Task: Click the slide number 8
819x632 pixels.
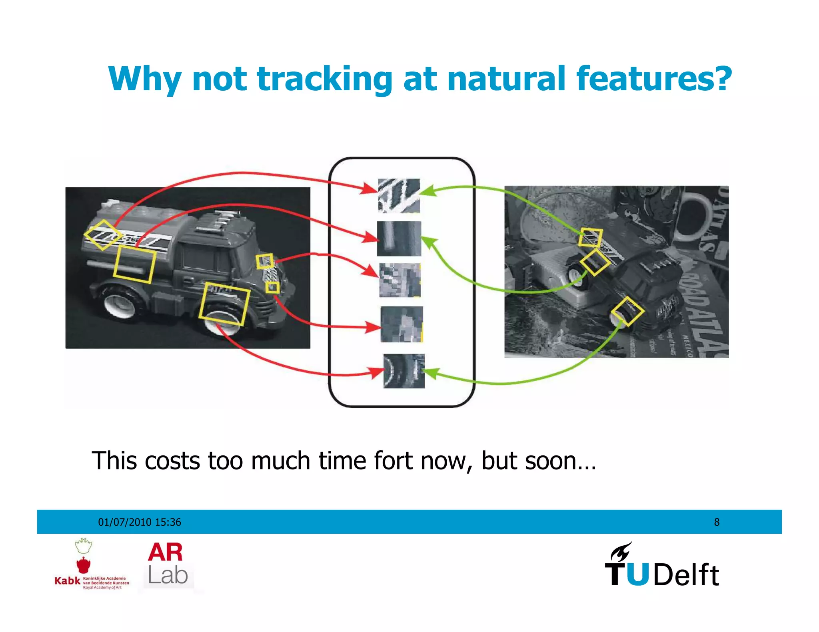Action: point(717,522)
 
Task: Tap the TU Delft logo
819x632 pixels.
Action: point(662,565)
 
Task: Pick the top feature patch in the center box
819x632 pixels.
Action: point(399,196)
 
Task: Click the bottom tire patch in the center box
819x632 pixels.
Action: point(404,371)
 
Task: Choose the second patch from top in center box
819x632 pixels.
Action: point(399,238)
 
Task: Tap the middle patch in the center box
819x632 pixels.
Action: point(400,280)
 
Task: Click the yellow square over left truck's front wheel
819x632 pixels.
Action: point(224,304)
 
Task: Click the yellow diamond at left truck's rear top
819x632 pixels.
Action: point(103,235)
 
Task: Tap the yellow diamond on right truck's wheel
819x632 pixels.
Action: point(627,312)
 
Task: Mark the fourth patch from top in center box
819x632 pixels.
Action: point(402,324)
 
